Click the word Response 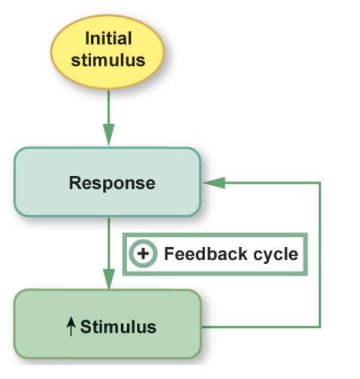(x=112, y=182)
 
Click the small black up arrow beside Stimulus (x=72, y=327)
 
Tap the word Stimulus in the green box (x=118, y=327)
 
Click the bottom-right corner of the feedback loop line (x=320, y=327)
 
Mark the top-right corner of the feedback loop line (x=320, y=182)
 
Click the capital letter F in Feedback (x=169, y=254)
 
